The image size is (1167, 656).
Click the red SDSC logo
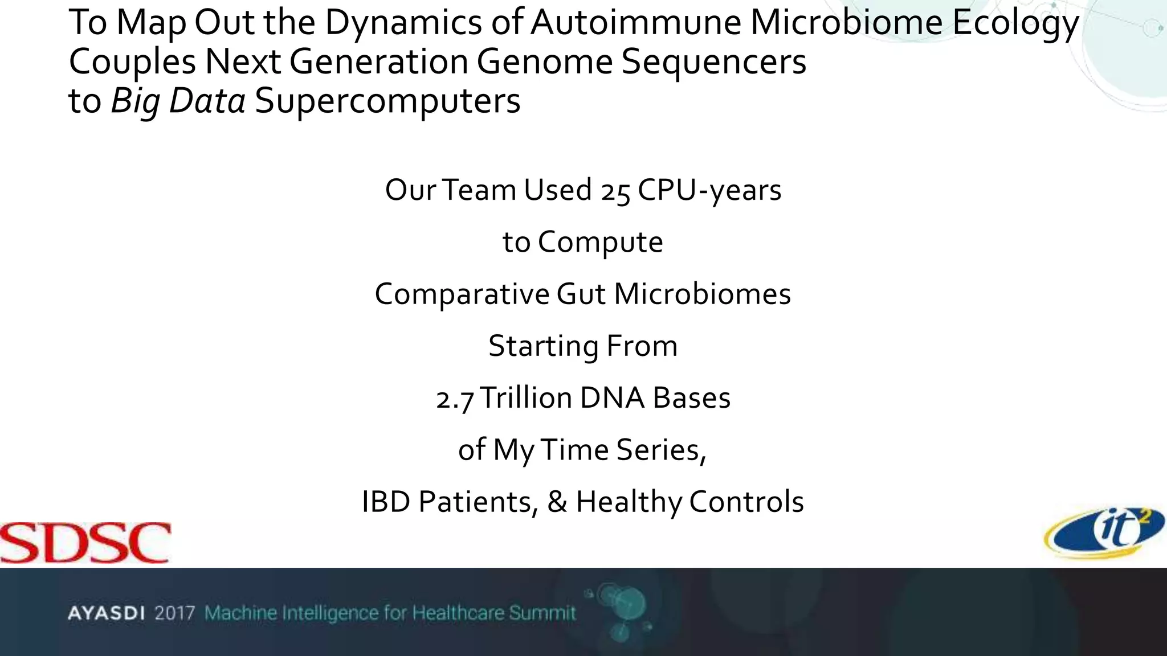click(x=85, y=543)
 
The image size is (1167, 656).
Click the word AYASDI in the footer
click(x=106, y=613)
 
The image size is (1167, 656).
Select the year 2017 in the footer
click(x=175, y=613)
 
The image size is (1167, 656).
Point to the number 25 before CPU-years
click(x=615, y=191)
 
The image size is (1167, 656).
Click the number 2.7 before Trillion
click(x=455, y=399)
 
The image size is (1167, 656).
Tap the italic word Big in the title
click(x=134, y=101)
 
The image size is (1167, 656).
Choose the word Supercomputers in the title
click(x=387, y=101)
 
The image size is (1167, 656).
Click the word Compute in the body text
click(x=600, y=243)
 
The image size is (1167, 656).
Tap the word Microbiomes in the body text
click(x=702, y=294)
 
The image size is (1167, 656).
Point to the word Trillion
click(x=526, y=398)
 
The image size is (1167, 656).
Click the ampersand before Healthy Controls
click(x=557, y=502)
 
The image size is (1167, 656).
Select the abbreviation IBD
click(x=386, y=502)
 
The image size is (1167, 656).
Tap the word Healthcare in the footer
click(x=458, y=613)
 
